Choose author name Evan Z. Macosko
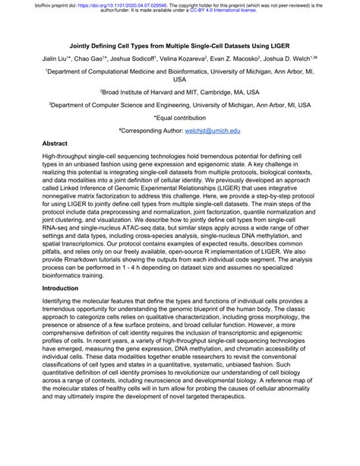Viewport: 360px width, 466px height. (256, 58)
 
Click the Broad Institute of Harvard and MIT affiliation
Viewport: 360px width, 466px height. (179, 89)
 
